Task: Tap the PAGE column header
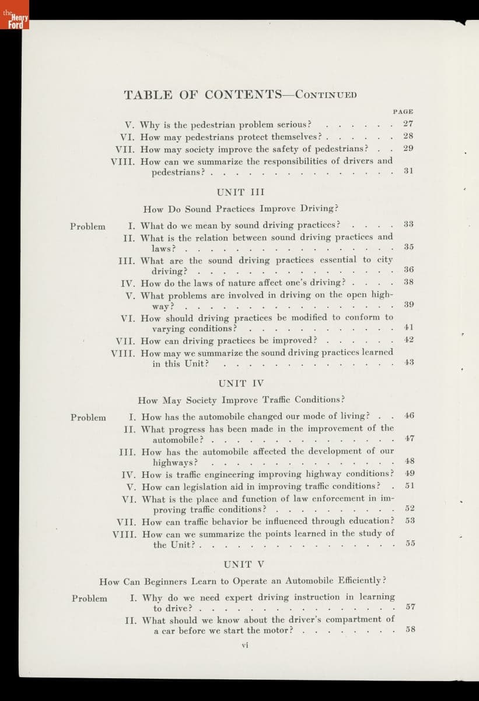pos(403,111)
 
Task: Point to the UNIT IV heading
pos(241,383)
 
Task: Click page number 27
pos(408,124)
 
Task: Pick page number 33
pos(408,224)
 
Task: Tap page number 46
pos(409,416)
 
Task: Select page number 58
pos(410,630)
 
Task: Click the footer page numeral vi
pos(246,646)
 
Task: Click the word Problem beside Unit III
pos(88,227)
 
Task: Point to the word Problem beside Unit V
pos(89,598)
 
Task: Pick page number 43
pos(409,362)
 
